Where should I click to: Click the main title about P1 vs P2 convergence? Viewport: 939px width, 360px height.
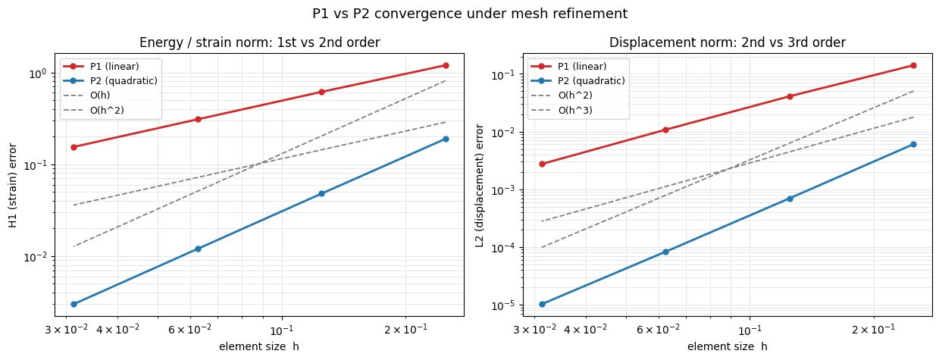pyautogui.click(x=470, y=14)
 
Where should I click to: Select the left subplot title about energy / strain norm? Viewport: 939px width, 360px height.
pyautogui.click(x=259, y=42)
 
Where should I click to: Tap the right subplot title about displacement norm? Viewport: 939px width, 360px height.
pyautogui.click(x=728, y=42)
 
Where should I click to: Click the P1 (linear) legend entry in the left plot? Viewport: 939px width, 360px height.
pyautogui.click(x=101, y=66)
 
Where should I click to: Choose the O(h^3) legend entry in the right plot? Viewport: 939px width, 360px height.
pyautogui.click(x=562, y=110)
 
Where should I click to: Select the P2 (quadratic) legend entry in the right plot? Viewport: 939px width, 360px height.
pyautogui.click(x=577, y=80)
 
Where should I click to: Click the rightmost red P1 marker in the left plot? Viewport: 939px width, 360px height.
pyautogui.click(x=446, y=65)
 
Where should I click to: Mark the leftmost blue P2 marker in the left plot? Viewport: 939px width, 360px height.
pyautogui.click(x=74, y=304)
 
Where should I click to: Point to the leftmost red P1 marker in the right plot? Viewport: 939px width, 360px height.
pyautogui.click(x=542, y=164)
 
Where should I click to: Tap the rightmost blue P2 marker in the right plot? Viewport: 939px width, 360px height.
pyautogui.click(x=913, y=144)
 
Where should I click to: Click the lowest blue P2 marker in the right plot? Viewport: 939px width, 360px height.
pyautogui.click(x=542, y=304)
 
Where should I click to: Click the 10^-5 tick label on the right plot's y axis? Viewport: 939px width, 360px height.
pyautogui.click(x=502, y=306)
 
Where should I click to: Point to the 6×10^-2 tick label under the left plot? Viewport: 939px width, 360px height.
pyautogui.click(x=189, y=330)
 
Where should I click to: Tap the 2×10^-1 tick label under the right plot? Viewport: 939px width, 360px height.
pyautogui.click(x=873, y=330)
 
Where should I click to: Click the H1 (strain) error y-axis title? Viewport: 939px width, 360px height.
pyautogui.click(x=13, y=185)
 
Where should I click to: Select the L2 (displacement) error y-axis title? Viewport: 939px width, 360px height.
pyautogui.click(x=480, y=185)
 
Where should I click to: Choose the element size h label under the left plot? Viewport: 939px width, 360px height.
pyautogui.click(x=259, y=346)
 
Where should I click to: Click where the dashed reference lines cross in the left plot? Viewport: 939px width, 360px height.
pyautogui.click(x=260, y=163)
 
